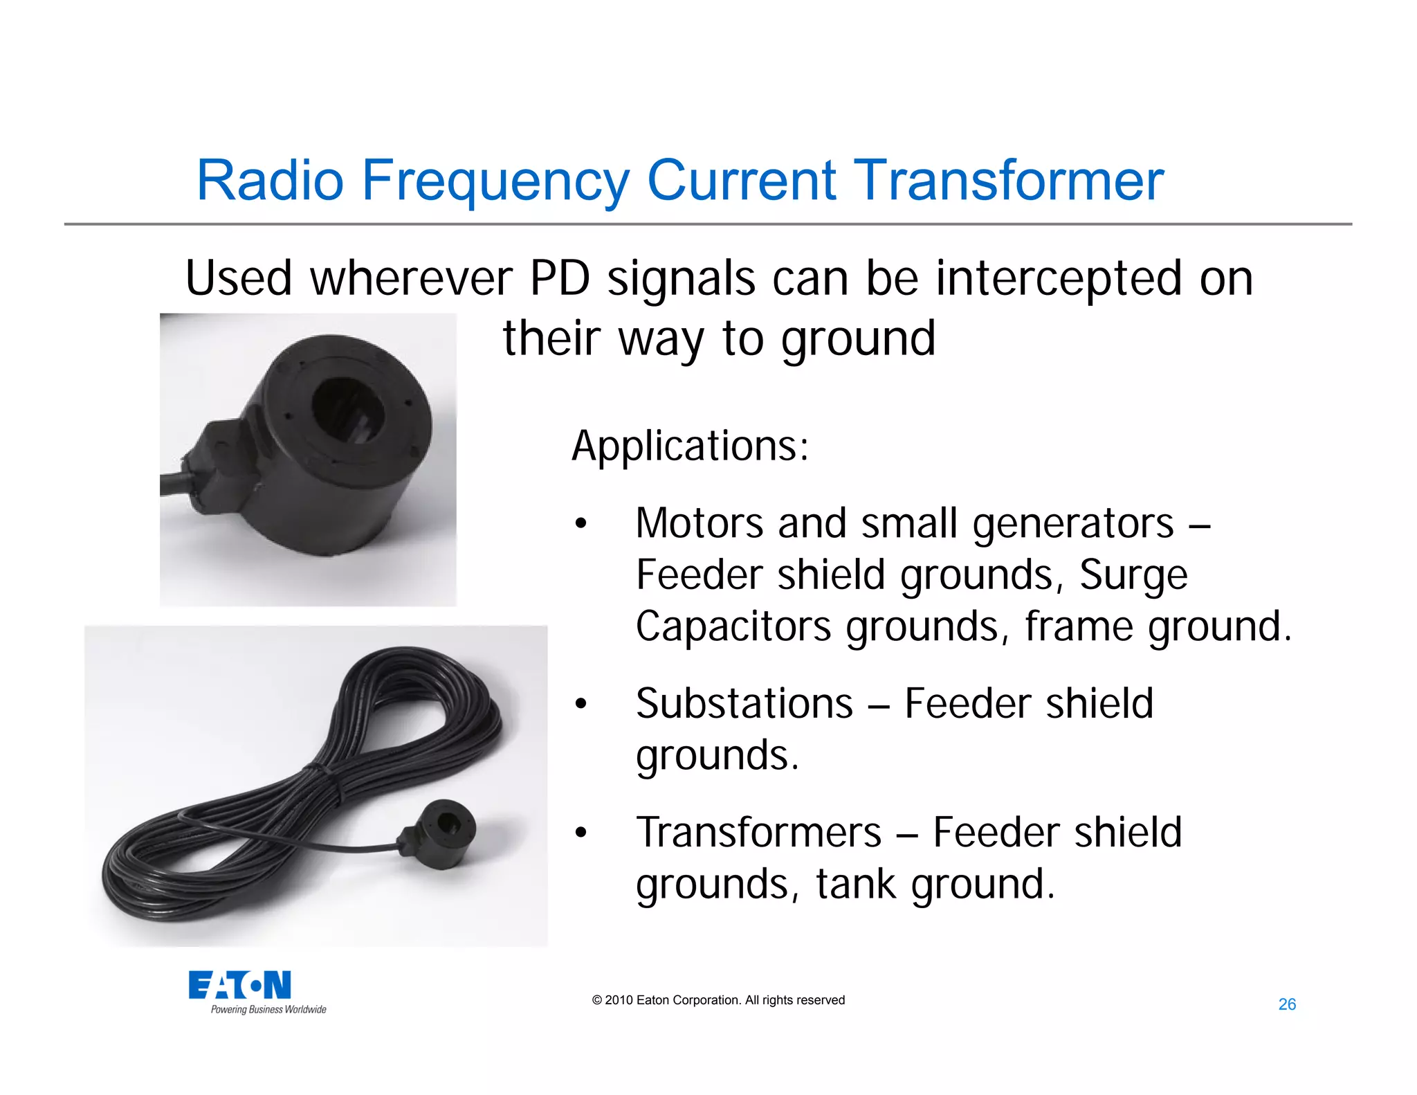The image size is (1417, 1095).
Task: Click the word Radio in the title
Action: tap(270, 181)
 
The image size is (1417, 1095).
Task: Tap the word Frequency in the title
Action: tap(495, 181)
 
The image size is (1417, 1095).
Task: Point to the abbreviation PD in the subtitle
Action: tap(560, 279)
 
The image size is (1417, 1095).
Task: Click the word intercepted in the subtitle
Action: tap(1059, 279)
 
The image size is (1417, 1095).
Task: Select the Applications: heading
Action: tap(690, 446)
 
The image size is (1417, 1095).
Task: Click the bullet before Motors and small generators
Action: tap(580, 524)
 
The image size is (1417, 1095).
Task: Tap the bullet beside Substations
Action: tap(580, 704)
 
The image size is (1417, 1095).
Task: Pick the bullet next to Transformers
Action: tap(580, 833)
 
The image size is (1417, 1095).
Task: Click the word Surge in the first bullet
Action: tap(1133, 575)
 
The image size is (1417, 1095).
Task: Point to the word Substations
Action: tap(744, 704)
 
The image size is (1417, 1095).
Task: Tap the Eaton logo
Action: tap(239, 984)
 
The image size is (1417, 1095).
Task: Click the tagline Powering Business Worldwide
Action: tap(268, 1010)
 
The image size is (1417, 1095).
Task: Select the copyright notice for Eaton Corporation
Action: tap(718, 1000)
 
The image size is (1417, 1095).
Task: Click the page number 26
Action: tap(1287, 1004)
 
